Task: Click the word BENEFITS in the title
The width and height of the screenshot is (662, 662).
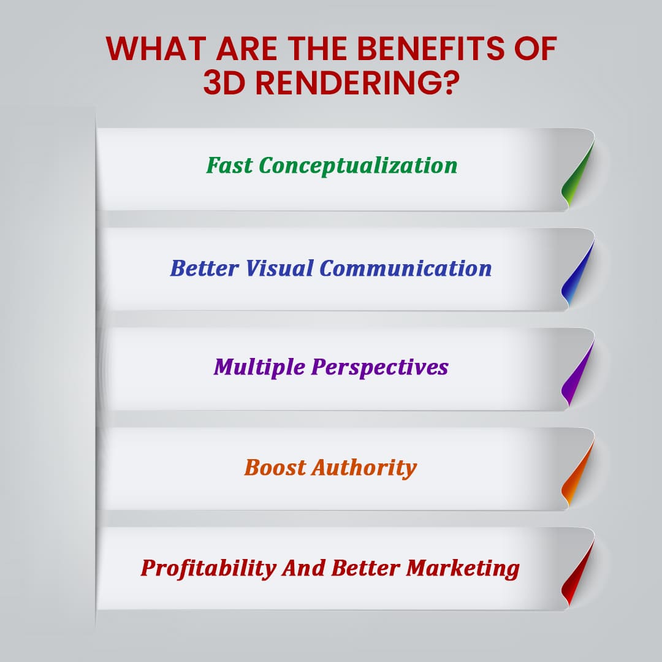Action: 431,48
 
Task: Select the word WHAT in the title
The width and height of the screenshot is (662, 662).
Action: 156,48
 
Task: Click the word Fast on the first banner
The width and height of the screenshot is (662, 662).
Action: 229,165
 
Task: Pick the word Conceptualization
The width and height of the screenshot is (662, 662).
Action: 358,165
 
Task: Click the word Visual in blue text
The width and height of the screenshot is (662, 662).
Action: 279,268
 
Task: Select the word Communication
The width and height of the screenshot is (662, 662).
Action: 405,268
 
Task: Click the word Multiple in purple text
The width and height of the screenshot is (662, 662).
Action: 259,367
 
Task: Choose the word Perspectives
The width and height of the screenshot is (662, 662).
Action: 379,367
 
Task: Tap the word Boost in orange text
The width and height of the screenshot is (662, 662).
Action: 275,467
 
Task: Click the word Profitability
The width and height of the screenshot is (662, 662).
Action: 208,568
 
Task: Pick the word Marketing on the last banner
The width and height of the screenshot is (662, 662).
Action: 463,568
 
